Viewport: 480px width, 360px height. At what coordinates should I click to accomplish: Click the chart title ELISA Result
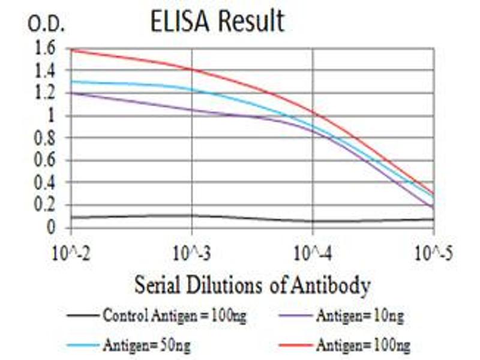(217, 22)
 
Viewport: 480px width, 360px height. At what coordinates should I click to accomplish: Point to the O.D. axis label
(46, 25)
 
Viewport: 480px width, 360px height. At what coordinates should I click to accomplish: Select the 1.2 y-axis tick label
(46, 93)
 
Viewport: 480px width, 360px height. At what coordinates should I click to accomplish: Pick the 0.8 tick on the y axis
(46, 138)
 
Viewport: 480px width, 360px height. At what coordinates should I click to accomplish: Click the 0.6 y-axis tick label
(46, 160)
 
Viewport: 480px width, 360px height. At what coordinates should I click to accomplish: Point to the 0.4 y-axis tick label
(46, 182)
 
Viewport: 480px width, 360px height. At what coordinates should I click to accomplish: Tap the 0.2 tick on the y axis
(46, 205)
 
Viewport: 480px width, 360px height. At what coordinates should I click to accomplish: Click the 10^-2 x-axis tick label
(71, 252)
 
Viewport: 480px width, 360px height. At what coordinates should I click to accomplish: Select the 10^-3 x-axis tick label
(192, 252)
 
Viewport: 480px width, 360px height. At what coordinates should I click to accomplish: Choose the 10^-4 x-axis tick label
(313, 252)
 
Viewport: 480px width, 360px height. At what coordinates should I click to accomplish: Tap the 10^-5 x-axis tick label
(432, 252)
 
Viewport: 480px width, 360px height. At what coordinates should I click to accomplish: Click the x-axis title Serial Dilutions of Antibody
(252, 285)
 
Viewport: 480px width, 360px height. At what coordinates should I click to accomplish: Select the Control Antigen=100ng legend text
(175, 316)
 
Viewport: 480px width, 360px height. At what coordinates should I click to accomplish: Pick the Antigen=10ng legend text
(359, 316)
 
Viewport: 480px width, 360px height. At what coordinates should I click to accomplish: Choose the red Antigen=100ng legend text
(362, 345)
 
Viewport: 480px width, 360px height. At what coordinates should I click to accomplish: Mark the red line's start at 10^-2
(71, 49)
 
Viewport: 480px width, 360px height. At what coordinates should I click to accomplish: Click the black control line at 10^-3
(192, 215)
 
